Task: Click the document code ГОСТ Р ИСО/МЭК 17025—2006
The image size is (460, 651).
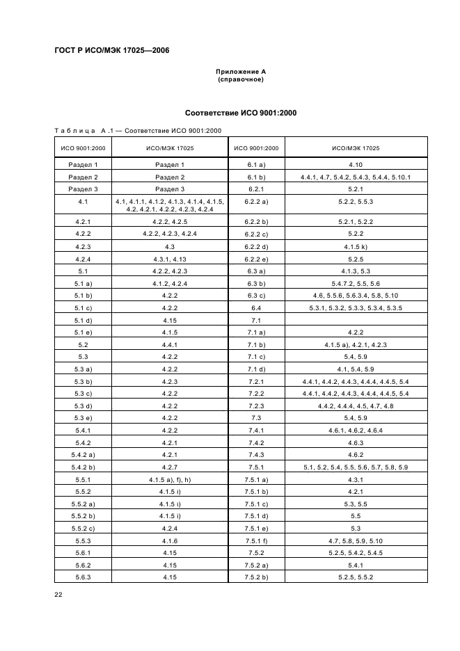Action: (111, 50)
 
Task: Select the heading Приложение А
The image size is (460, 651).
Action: (241, 72)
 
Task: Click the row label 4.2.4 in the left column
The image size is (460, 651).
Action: (83, 259)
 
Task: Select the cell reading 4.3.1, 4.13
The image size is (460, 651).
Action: (170, 259)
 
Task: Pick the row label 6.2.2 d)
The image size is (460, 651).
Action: (256, 246)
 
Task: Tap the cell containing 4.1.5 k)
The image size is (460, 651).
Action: (356, 246)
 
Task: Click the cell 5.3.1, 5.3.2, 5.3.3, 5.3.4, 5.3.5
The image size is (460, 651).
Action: (356, 307)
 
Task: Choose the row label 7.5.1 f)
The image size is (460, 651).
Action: (256, 540)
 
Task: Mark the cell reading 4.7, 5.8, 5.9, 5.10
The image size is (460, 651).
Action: (356, 540)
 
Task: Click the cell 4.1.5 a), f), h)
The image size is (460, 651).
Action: (170, 479)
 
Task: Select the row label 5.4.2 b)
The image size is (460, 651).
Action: (83, 467)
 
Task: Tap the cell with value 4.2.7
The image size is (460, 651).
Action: (170, 467)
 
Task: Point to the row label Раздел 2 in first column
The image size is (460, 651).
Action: (83, 177)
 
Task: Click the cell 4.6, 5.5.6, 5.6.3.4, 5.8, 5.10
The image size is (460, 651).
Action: (356, 296)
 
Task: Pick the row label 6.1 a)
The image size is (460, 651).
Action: (256, 165)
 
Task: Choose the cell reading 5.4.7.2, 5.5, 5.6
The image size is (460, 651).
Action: (356, 283)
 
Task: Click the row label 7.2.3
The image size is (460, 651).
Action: (256, 405)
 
